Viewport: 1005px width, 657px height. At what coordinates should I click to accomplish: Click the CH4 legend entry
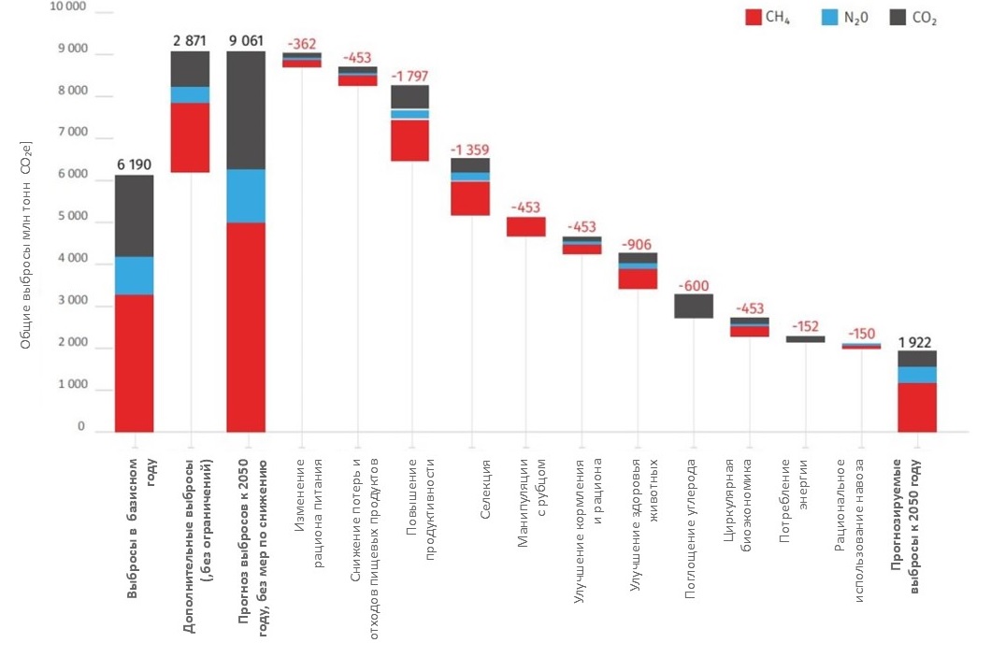coord(767,17)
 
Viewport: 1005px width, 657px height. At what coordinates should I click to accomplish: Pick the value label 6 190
coord(134,164)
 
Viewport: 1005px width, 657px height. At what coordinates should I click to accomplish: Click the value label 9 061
coord(246,41)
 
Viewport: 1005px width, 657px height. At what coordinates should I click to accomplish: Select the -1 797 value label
coord(409,75)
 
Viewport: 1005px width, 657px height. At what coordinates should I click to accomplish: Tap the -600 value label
coord(694,284)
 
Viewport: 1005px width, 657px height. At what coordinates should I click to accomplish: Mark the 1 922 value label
coord(917,342)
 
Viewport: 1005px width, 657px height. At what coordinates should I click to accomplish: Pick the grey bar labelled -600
coord(694,306)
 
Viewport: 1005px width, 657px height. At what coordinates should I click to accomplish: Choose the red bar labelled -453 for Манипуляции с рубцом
coord(525,226)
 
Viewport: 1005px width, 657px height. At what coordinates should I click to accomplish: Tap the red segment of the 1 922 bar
coord(917,407)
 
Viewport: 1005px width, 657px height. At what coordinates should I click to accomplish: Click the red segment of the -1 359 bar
coord(469,198)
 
